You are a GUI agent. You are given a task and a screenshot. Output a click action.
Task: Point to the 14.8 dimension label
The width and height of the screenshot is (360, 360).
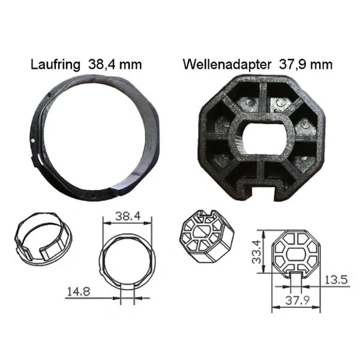click(79, 292)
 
